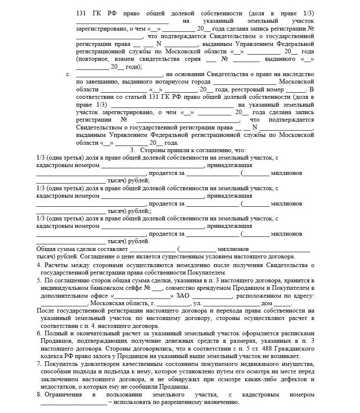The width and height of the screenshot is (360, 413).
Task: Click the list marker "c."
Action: (68, 74)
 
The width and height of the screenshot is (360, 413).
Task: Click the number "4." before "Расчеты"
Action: (39, 265)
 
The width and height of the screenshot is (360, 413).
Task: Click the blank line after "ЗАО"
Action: (211, 296)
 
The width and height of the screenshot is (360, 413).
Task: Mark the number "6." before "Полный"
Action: (39, 333)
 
